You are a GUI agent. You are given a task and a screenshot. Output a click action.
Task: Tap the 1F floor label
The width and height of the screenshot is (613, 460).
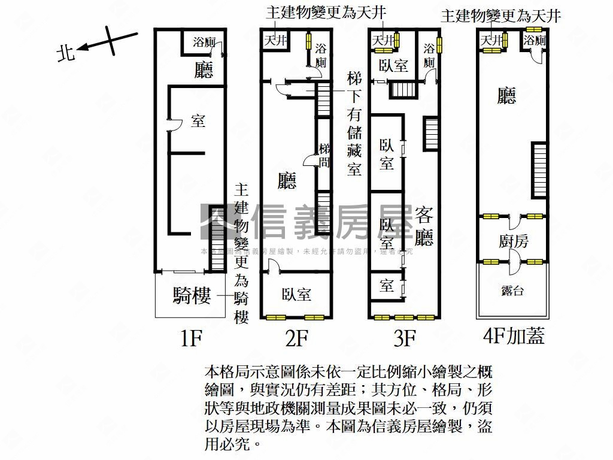click(x=192, y=340)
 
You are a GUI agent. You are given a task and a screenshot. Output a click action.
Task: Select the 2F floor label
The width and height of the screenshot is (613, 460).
click(x=296, y=340)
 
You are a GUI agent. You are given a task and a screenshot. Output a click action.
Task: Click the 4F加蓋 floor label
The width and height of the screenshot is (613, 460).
click(x=514, y=337)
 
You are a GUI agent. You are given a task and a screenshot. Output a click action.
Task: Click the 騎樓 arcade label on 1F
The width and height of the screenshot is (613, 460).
click(x=192, y=295)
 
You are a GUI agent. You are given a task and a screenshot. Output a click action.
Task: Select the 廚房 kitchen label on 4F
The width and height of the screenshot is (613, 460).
click(x=513, y=241)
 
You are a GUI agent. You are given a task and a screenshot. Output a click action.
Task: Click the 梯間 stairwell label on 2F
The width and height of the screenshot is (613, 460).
click(x=324, y=155)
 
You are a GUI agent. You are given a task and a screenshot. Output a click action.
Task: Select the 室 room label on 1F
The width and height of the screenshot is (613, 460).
click(x=198, y=121)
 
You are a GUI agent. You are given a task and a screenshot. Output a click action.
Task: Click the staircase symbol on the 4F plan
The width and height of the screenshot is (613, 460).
click(x=539, y=170)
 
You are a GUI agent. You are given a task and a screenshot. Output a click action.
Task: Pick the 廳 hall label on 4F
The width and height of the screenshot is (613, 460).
click(x=506, y=96)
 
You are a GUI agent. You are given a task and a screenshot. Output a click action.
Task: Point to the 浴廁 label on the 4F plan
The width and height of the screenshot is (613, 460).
click(x=534, y=41)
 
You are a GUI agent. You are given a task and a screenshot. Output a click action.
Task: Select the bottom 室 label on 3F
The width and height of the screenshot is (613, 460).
click(x=386, y=286)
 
